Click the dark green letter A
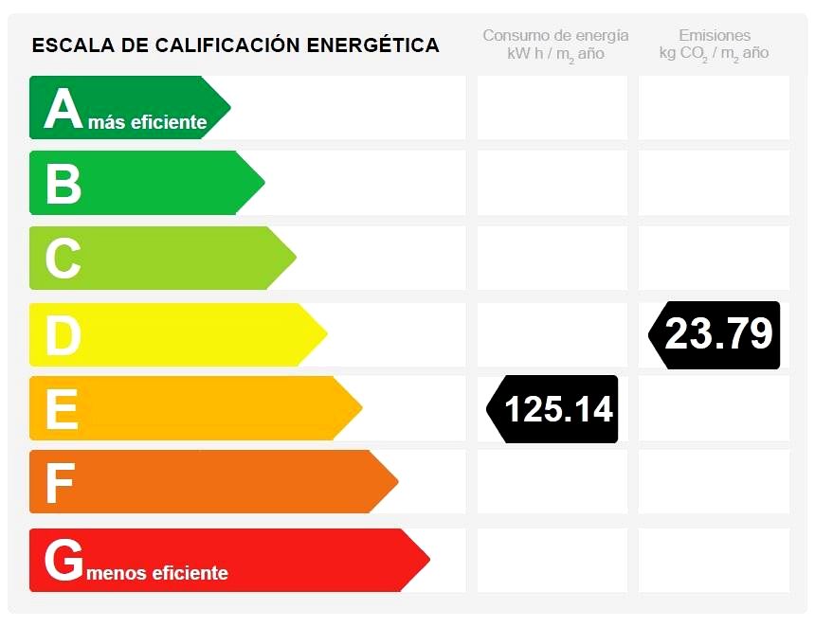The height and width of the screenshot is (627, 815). (x=63, y=110)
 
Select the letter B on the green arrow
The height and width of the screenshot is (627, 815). (x=63, y=184)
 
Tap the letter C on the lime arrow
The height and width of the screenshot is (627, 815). (x=63, y=259)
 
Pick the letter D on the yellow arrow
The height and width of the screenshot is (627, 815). (x=63, y=335)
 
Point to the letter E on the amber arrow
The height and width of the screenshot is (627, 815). (x=62, y=409)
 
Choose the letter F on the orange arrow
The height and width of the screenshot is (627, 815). (x=60, y=483)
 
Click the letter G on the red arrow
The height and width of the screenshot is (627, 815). (x=63, y=561)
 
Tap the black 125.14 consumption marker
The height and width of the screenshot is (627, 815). (x=553, y=409)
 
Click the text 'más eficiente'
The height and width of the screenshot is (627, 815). (x=147, y=122)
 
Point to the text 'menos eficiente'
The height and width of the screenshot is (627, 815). (x=156, y=573)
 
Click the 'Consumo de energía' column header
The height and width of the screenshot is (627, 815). (x=555, y=36)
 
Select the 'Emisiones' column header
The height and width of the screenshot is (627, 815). (x=715, y=36)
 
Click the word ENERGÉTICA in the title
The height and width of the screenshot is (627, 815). (x=373, y=45)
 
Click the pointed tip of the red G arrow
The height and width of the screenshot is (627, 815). (x=428, y=560)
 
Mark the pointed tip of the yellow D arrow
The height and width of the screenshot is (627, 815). (x=326, y=333)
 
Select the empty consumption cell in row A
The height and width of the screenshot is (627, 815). (x=552, y=107)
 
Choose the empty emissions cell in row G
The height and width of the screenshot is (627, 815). (x=714, y=560)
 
